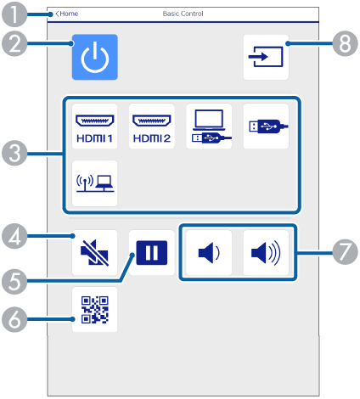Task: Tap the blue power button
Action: (x=95, y=57)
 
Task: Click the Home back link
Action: (x=67, y=14)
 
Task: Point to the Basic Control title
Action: (x=183, y=14)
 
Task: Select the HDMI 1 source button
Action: (x=94, y=126)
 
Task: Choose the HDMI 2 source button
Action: (x=152, y=126)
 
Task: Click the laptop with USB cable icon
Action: (x=209, y=126)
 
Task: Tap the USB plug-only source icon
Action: (x=266, y=126)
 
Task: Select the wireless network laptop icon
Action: (x=94, y=183)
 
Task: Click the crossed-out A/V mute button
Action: (x=94, y=252)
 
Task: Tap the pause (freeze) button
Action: (x=152, y=252)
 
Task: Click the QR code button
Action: (x=94, y=310)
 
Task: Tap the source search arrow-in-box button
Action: (x=266, y=57)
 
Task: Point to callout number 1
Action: (x=14, y=14)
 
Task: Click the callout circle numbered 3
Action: (x=14, y=154)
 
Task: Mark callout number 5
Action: (x=14, y=281)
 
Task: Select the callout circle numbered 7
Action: (x=345, y=251)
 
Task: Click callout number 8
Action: (x=345, y=43)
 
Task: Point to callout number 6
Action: (x=14, y=319)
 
